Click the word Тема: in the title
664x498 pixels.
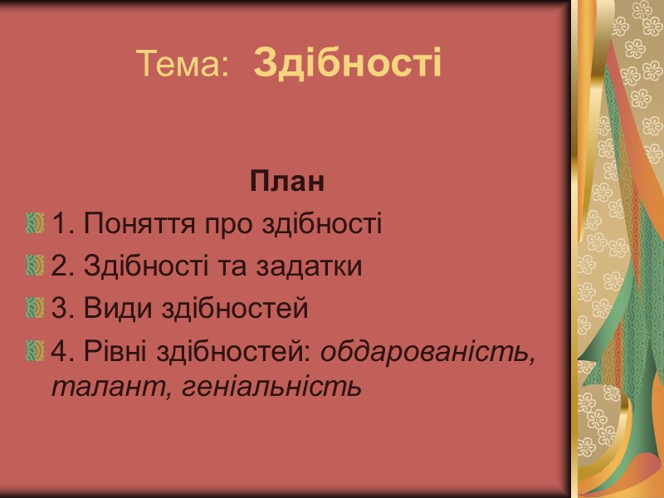182,64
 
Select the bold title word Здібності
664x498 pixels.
347,63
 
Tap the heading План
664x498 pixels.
286,183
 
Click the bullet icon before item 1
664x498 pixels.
35,223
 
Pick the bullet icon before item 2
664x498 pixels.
35,266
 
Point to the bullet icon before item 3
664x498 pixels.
35,310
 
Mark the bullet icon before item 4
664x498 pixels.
35,352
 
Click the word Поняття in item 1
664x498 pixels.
134,224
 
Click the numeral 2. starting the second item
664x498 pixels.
62,266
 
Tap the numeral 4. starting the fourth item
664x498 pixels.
62,352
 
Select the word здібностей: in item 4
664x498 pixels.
237,352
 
